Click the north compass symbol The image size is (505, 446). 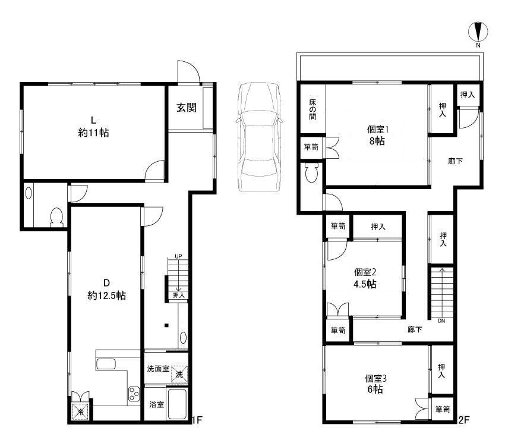click(478, 32)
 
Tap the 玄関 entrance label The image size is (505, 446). click(187, 108)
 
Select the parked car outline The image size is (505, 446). click(258, 137)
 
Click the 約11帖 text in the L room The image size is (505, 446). click(93, 133)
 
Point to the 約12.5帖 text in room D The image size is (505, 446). click(106, 296)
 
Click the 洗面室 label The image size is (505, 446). click(158, 369)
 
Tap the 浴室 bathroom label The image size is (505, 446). click(157, 404)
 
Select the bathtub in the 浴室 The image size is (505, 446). click(177, 404)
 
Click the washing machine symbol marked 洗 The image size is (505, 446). click(179, 374)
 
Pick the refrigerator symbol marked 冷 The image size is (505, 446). click(80, 412)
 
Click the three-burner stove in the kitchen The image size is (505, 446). click(134, 394)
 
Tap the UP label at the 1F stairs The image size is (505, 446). click(178, 256)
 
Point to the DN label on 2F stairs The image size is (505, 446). click(441, 321)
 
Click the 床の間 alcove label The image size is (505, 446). click(313, 109)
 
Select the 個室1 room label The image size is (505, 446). click(378, 130)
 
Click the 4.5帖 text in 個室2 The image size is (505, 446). click(365, 284)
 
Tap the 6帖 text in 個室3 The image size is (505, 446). click(375, 390)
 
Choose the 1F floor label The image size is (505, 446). click(197, 420)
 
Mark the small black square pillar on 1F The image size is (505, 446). click(166, 325)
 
